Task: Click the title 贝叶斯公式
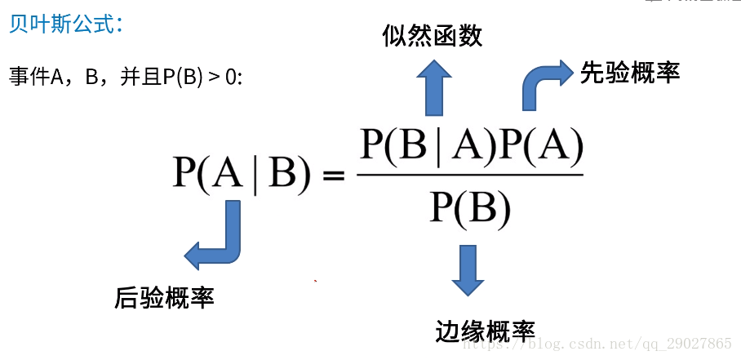(65, 24)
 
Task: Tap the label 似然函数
(433, 35)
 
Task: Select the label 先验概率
(630, 73)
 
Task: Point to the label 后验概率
(164, 297)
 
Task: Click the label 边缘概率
(486, 331)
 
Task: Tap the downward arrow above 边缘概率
(467, 269)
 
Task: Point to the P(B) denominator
(470, 208)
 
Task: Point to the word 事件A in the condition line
(36, 78)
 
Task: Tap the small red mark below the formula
(315, 281)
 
